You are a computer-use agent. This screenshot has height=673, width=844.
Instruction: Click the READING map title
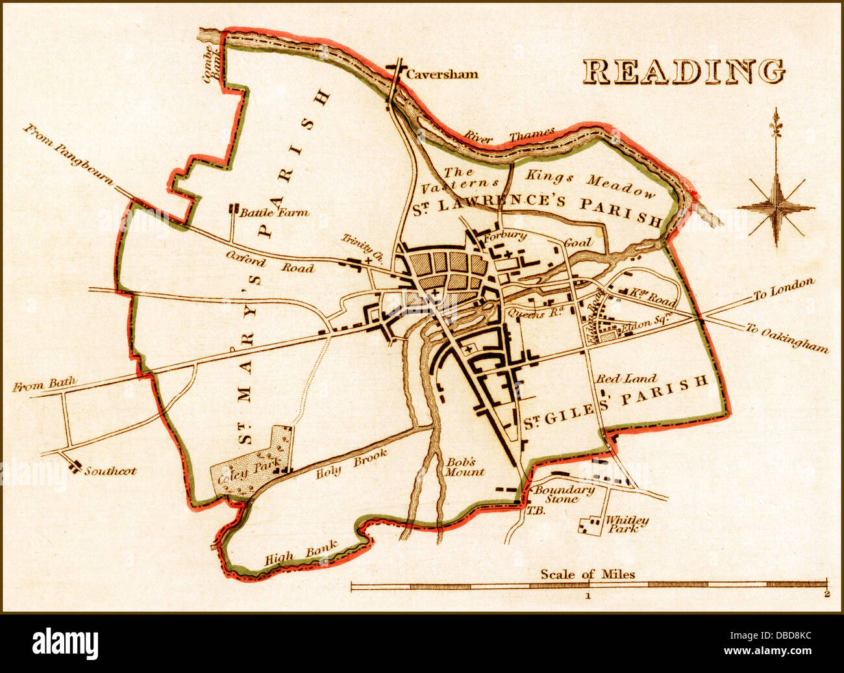[683, 71]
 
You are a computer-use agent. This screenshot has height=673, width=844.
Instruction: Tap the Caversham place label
[441, 74]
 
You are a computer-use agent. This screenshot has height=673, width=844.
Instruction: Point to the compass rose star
[776, 208]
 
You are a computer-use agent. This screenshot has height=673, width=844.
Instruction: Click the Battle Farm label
[274, 212]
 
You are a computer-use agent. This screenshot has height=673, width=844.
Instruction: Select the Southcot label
[110, 470]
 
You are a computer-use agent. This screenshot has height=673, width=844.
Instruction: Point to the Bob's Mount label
[464, 467]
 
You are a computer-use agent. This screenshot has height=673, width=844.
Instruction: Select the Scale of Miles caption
[588, 574]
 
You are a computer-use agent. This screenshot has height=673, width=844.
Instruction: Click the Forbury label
[504, 236]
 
